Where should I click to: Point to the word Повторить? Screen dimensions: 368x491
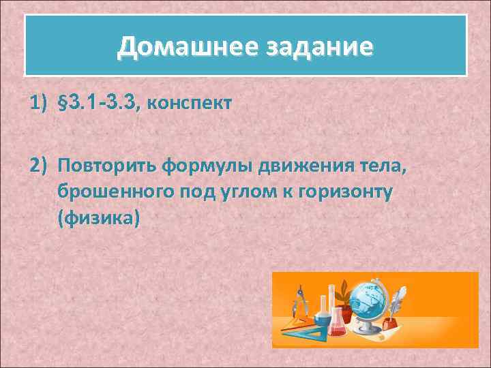click(108, 165)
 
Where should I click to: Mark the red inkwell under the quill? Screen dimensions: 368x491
click(391, 320)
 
